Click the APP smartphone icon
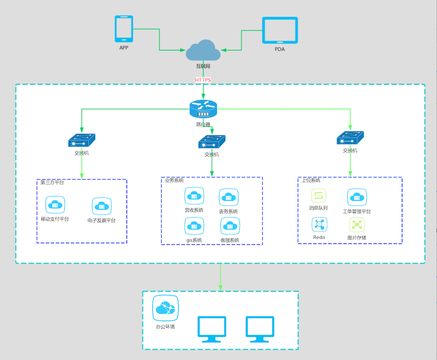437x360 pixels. pyautogui.click(x=124, y=29)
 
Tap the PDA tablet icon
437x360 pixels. pyautogui.click(x=280, y=31)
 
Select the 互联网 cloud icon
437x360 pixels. pyautogui.click(x=203, y=51)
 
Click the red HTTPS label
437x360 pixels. pyautogui.click(x=203, y=80)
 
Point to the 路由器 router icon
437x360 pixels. pyautogui.click(x=203, y=110)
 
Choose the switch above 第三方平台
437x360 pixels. pyautogui.click(x=81, y=141)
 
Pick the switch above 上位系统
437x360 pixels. pyautogui.click(x=350, y=138)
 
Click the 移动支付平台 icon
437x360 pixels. pyautogui.click(x=55, y=205)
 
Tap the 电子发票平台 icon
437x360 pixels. pyautogui.click(x=102, y=206)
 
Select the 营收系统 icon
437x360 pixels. pyautogui.click(x=194, y=196)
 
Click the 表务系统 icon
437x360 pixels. pyautogui.click(x=228, y=198)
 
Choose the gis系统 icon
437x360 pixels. pyautogui.click(x=194, y=226)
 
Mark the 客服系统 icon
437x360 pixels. pyautogui.click(x=230, y=227)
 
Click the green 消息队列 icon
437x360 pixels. pyautogui.click(x=318, y=196)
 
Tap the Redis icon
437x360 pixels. pyautogui.click(x=319, y=225)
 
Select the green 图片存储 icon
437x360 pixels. pyautogui.click(x=356, y=225)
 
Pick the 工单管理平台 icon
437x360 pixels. pyautogui.click(x=356, y=197)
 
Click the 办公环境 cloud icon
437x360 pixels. pyautogui.click(x=165, y=309)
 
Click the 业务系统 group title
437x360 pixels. pyautogui.click(x=175, y=180)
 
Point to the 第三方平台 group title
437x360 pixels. pyautogui.click(x=52, y=183)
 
